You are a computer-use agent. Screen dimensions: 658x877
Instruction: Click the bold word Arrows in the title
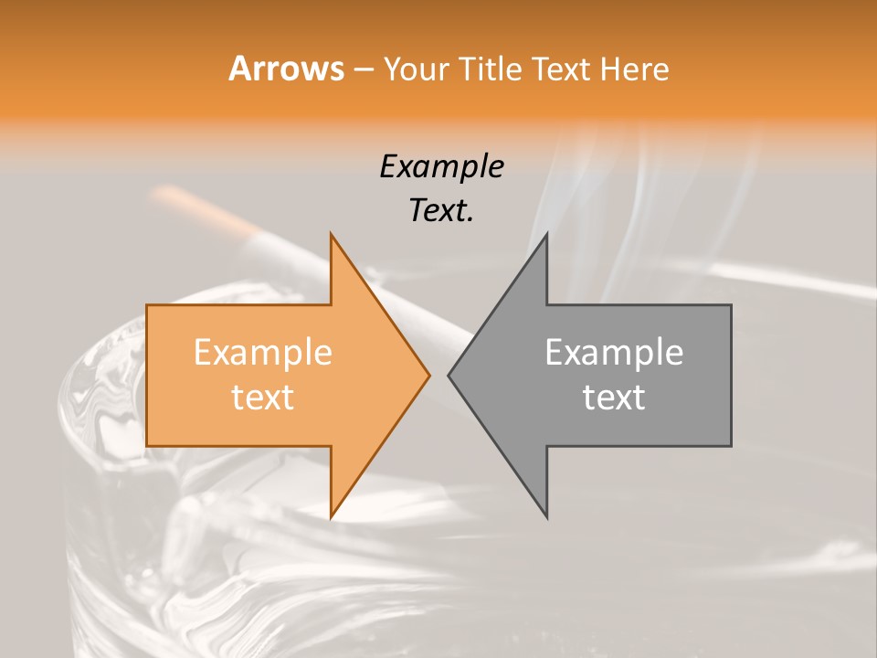[x=286, y=69]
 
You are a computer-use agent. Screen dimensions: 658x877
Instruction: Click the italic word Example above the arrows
[x=441, y=167]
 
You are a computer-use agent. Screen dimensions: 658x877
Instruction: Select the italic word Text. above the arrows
[x=441, y=211]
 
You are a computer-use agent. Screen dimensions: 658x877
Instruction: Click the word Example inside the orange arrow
[x=263, y=353]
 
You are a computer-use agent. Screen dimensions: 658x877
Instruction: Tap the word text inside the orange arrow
[x=263, y=398]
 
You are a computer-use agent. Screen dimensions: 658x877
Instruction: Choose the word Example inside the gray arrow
[x=614, y=353]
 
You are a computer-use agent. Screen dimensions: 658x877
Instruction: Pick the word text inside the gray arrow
[x=614, y=398]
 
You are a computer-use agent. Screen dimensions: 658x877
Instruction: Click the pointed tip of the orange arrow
[x=428, y=375]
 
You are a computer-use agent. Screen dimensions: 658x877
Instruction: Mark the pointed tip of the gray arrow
[x=449, y=375]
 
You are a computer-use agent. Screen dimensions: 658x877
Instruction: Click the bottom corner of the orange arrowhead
[x=332, y=516]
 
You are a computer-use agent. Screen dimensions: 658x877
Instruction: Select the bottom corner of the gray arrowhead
[x=546, y=516]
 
